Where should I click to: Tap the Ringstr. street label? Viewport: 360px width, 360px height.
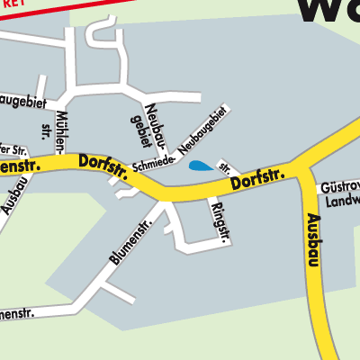[x=217, y=221]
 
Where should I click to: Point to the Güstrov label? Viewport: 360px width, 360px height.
[x=339, y=186]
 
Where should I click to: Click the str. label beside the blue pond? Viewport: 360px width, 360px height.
[x=225, y=167]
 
